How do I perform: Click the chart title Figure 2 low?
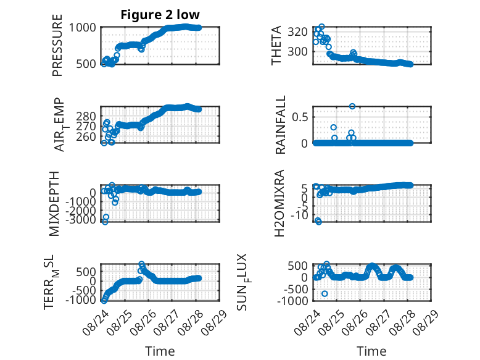point(160,15)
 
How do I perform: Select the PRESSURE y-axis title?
point(57,45)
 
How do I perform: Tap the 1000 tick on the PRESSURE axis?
point(82,28)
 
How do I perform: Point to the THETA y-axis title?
point(276,45)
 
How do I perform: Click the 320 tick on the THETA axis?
point(297,31)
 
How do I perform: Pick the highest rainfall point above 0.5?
point(352,106)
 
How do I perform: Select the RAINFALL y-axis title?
point(280,125)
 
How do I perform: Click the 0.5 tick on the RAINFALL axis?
point(299,117)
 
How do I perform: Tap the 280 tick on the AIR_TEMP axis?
point(86,117)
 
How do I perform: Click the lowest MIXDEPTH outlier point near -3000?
point(105,222)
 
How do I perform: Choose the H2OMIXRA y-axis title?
point(279,203)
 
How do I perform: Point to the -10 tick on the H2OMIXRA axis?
point(299,216)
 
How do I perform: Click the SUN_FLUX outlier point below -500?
point(325,294)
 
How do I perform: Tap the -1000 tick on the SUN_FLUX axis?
point(292,301)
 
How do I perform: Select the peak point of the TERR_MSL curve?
point(141,264)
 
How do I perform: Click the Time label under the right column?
point(371,351)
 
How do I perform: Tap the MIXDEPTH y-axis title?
point(54,203)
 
